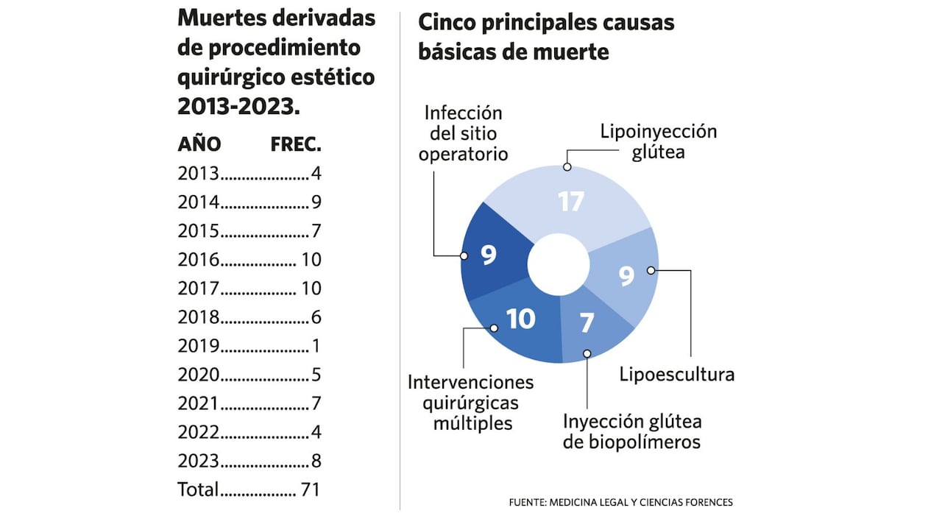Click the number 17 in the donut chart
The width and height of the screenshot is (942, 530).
click(x=570, y=201)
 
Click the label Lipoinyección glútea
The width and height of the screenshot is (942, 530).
click(x=658, y=141)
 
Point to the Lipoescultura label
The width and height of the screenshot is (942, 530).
click(x=676, y=374)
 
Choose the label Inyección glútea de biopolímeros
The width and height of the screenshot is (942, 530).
click(x=632, y=431)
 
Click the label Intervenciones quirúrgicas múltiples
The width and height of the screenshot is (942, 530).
click(x=471, y=403)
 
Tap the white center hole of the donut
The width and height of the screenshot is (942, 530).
click(x=559, y=264)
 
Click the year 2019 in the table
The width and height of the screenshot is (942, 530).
click(x=199, y=346)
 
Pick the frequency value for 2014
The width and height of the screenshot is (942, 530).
click(x=316, y=202)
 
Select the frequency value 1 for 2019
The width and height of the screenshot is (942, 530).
click(x=316, y=346)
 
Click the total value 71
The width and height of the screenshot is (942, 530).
click(x=310, y=489)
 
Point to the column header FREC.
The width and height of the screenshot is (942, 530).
click(x=296, y=144)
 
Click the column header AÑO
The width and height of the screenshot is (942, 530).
click(x=199, y=144)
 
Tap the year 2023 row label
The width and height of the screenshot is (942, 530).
click(x=199, y=461)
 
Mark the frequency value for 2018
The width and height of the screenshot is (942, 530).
click(x=316, y=317)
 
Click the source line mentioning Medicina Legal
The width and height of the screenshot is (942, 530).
click(x=620, y=503)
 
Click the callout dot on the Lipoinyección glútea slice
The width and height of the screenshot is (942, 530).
click(x=567, y=167)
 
